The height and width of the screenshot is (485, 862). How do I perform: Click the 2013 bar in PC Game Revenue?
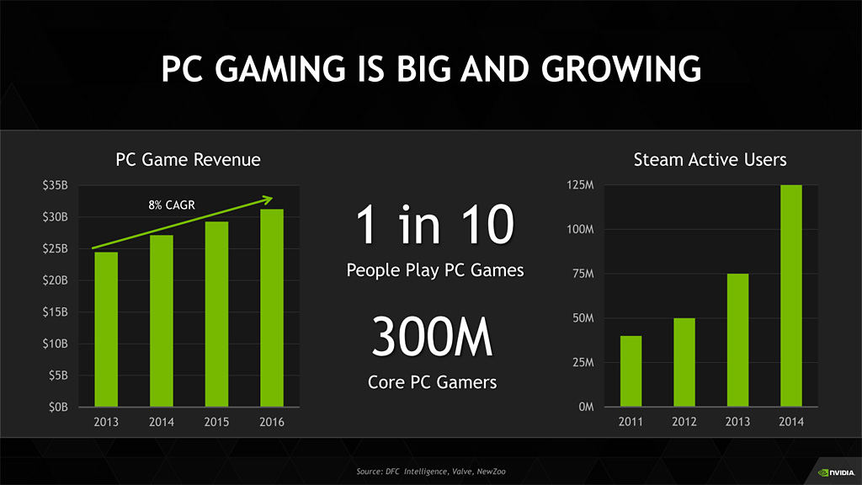tap(106, 329)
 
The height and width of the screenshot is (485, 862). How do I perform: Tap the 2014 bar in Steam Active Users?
tap(790, 296)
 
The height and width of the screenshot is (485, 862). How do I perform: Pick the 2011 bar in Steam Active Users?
tap(631, 371)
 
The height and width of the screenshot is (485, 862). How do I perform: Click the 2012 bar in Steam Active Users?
tap(684, 362)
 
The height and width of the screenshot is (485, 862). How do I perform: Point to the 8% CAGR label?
tap(172, 205)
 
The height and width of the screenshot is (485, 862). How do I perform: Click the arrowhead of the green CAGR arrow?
tap(269, 199)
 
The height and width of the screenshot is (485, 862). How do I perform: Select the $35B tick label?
tap(56, 185)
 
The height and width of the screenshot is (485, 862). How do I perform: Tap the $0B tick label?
tap(58, 407)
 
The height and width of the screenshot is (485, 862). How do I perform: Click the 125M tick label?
tap(581, 185)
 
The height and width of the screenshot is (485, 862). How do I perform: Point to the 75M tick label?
tap(583, 274)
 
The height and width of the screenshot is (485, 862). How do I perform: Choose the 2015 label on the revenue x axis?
tap(216, 422)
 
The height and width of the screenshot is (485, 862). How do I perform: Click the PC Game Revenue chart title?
tap(188, 159)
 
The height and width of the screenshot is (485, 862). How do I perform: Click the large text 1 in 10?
tap(434, 226)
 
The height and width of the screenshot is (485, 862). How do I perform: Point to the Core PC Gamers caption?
tap(432, 382)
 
